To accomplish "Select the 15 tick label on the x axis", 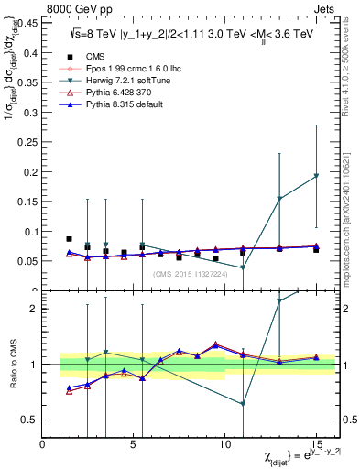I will click(316, 444).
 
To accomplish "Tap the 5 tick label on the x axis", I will click(133, 444).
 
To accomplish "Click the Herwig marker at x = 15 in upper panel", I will click(316, 176).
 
